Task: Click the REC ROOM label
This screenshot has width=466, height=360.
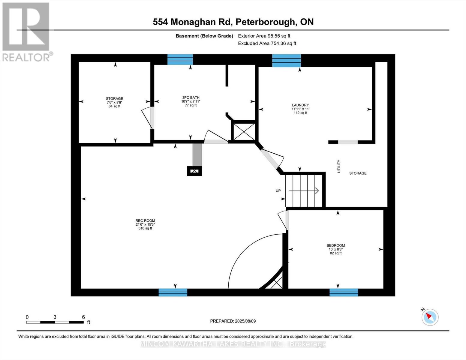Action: tap(145, 220)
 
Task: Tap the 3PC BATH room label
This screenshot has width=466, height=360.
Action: tap(191, 97)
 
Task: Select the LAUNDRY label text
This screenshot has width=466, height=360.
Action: tap(300, 105)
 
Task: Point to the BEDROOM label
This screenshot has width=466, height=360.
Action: tap(335, 245)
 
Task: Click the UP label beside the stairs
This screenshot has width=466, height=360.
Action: tap(278, 190)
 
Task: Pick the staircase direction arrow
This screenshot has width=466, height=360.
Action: tap(304, 190)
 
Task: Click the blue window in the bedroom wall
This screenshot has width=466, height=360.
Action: tap(344, 292)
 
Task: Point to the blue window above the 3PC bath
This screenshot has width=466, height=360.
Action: tap(180, 59)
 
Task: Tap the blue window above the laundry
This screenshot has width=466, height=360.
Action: tap(287, 61)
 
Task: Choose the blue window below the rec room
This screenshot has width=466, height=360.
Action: tap(173, 292)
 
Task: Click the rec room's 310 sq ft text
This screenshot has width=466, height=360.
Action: tap(145, 228)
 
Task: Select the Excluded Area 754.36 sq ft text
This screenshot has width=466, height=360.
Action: tap(267, 43)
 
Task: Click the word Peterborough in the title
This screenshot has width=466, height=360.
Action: tap(265, 22)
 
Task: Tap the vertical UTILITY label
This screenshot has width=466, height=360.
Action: tap(339, 166)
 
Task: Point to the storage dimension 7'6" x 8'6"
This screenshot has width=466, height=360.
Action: tap(114, 103)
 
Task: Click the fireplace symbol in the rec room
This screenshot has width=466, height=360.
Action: tap(194, 171)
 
